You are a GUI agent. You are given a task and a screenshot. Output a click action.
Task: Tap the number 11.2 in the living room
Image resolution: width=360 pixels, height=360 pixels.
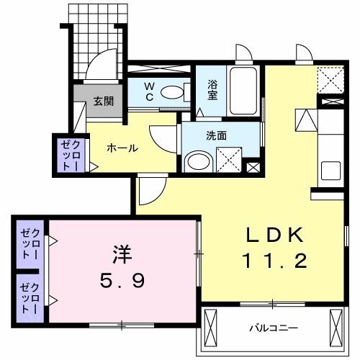pos(276,260)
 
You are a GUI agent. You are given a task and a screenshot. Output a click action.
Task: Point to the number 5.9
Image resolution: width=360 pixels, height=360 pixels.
pos(122,279)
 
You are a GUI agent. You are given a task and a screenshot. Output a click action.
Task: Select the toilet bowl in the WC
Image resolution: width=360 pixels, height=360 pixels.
pos(173,91)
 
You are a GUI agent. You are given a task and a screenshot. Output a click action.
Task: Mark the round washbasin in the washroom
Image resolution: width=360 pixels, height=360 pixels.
pos(195,161)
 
